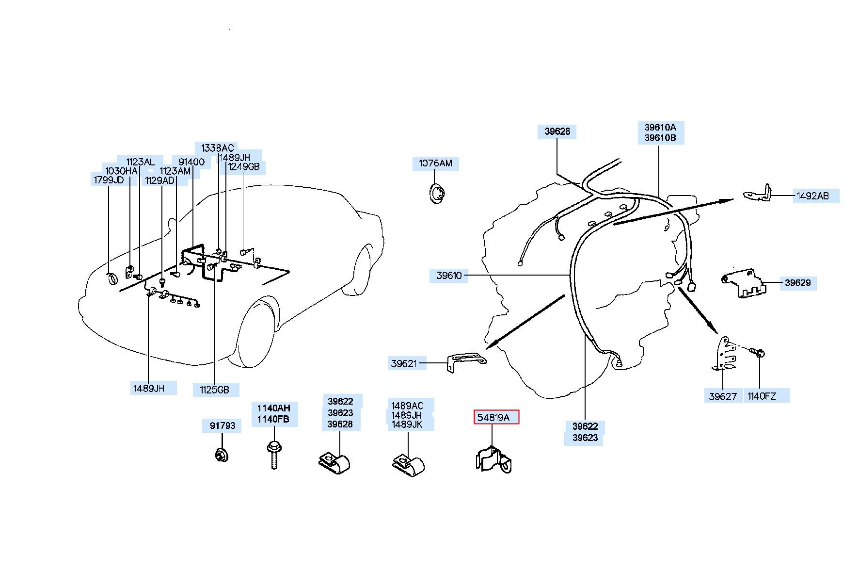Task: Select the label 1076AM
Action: click(x=435, y=163)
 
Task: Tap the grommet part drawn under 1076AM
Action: click(x=438, y=194)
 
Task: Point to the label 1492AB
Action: click(x=813, y=196)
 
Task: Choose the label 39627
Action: click(x=723, y=396)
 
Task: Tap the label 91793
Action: click(x=222, y=426)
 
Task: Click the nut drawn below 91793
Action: click(x=222, y=456)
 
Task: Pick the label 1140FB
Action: click(x=273, y=419)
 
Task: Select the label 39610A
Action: click(x=660, y=128)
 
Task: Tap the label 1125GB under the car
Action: click(x=214, y=390)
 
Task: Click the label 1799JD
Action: click(x=109, y=180)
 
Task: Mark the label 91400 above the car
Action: click(x=191, y=162)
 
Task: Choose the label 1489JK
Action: click(x=407, y=425)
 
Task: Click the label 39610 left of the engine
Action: click(x=449, y=276)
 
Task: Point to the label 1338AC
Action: click(x=218, y=148)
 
